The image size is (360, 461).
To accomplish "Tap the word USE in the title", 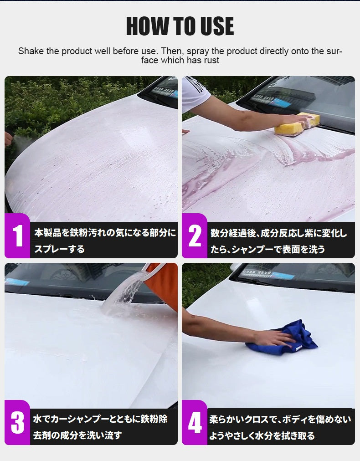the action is pos(217,26).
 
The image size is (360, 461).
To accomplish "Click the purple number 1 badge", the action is pos(17,236).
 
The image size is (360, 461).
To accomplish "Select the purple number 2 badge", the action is pos(195,236).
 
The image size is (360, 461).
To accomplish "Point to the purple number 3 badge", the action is pos(17,422).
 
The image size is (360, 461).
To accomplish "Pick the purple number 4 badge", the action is pos(195,422).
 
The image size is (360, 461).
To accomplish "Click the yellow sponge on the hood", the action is pos(297,124).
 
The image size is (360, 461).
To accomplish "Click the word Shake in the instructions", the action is pos(31,51).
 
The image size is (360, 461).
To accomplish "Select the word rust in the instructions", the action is pos(211,60).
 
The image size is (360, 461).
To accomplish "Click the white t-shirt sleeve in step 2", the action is pos(195,92).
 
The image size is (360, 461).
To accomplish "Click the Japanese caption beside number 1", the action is pos(105,241).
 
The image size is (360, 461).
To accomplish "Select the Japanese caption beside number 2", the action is pos(279,241).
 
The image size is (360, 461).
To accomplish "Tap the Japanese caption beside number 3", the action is pos(100,427).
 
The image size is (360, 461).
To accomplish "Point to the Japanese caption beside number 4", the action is pos(280,427).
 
